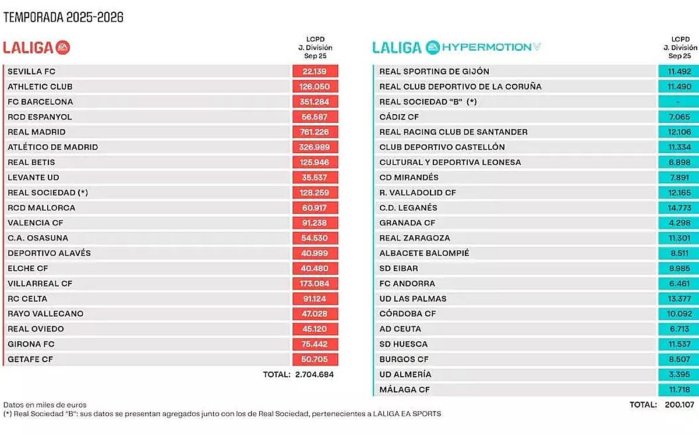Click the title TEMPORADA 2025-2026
coord(63,17)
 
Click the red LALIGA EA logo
coord(36,48)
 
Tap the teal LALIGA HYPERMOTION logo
coord(456,48)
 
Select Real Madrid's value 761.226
coord(315,132)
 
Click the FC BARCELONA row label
coord(40,102)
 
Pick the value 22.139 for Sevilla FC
coord(315,72)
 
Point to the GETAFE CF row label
coord(30,359)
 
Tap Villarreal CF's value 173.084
coord(315,284)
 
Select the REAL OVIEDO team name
coord(36,329)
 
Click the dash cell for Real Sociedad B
coord(678,102)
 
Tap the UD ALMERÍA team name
coord(405,374)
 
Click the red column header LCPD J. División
coord(315,48)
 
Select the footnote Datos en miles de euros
coord(45,405)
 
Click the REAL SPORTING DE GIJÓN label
coord(434,72)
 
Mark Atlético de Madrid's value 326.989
coord(315,147)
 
